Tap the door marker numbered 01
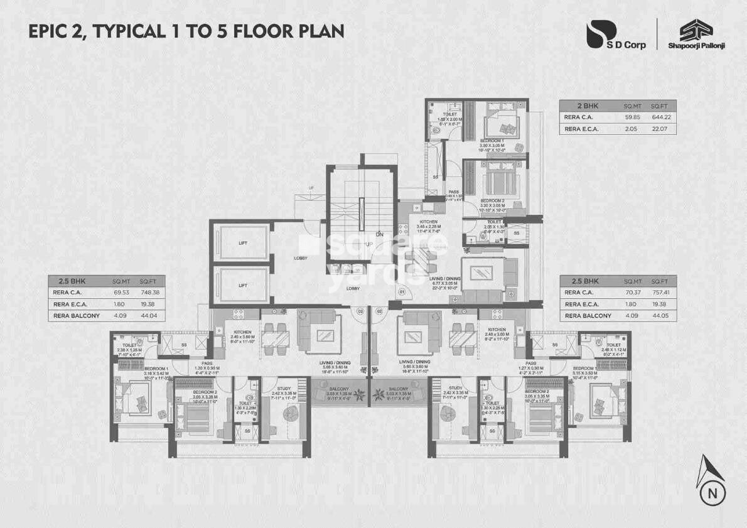click(402, 292)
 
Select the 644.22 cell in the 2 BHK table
click(658, 117)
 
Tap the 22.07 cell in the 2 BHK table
click(658, 129)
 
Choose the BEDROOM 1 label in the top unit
click(491, 140)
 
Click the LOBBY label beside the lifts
click(301, 257)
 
